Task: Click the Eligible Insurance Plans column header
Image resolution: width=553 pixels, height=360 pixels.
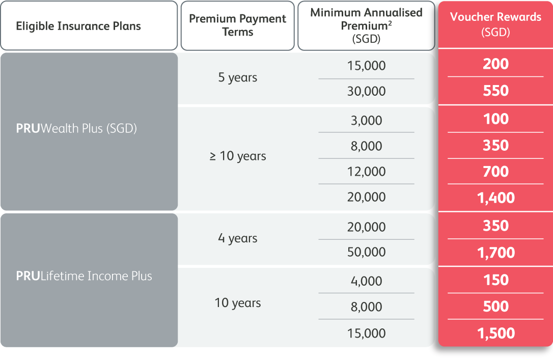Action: click(78, 26)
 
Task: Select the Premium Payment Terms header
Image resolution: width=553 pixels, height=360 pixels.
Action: click(237, 25)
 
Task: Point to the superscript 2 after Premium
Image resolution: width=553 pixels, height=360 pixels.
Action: click(390, 22)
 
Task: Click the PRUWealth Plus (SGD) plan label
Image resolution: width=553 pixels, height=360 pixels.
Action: click(76, 128)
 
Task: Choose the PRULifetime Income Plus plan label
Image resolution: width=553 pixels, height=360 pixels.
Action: click(84, 276)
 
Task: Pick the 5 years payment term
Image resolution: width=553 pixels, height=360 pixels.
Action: click(237, 77)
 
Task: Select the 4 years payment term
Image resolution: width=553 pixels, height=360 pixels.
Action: click(237, 238)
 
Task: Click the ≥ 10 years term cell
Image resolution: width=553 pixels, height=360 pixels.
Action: click(237, 156)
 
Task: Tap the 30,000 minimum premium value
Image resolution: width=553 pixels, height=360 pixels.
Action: click(366, 91)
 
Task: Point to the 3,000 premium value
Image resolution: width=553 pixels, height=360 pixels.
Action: click(366, 121)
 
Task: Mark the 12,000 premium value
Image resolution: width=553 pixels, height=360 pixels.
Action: click(366, 172)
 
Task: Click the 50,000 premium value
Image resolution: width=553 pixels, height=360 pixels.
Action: click(366, 252)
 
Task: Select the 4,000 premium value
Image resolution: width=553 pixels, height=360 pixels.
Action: click(366, 282)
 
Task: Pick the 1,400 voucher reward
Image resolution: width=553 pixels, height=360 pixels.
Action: click(495, 198)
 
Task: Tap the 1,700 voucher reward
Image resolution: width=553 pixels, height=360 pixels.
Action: click(495, 253)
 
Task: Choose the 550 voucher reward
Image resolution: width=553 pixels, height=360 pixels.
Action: click(495, 91)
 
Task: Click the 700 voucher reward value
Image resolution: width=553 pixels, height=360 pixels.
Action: click(495, 172)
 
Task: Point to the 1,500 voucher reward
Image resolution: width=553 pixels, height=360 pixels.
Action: click(495, 333)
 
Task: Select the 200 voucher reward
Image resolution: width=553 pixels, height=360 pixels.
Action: click(495, 64)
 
